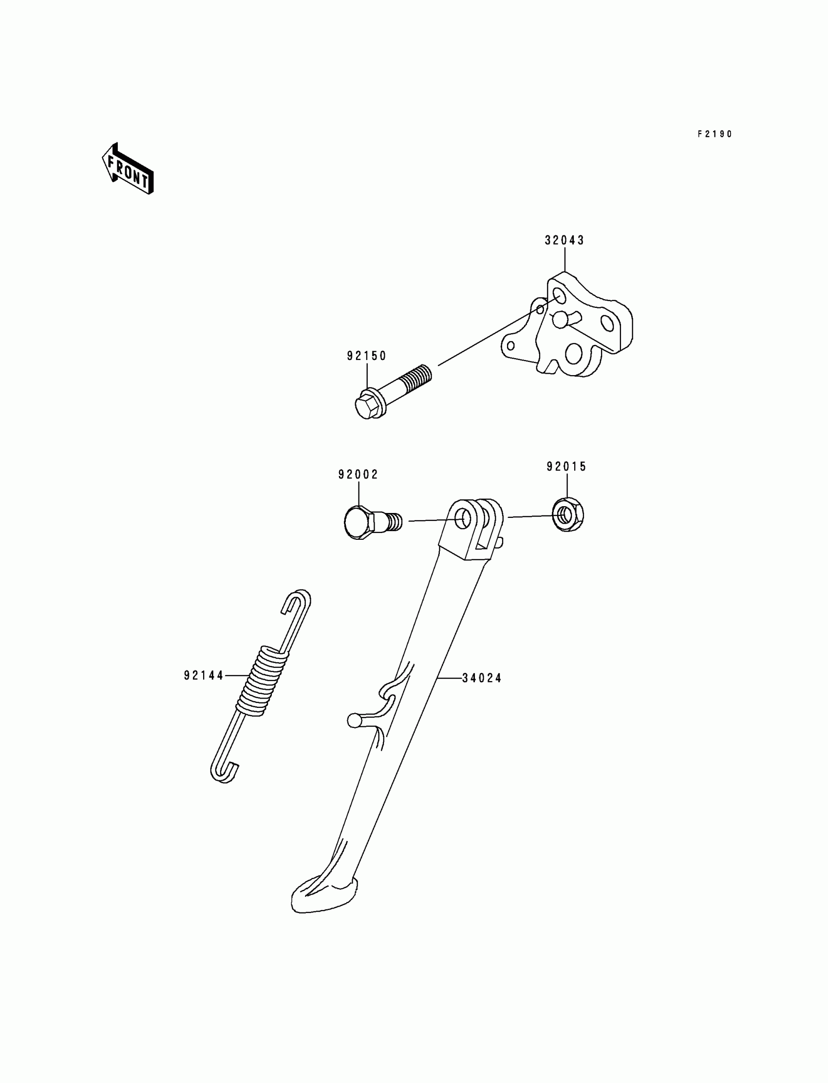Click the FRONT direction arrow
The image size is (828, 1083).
(x=128, y=169)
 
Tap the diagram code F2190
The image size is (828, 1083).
(x=715, y=134)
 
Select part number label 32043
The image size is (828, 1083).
(x=565, y=241)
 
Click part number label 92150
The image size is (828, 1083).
(x=367, y=356)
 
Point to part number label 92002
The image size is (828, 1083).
(x=358, y=474)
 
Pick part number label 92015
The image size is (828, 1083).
(x=567, y=466)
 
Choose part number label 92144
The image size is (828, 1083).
(x=204, y=675)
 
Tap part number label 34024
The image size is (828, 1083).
(x=482, y=678)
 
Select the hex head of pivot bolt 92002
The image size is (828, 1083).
(x=358, y=523)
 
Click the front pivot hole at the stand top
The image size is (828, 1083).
(x=462, y=519)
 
